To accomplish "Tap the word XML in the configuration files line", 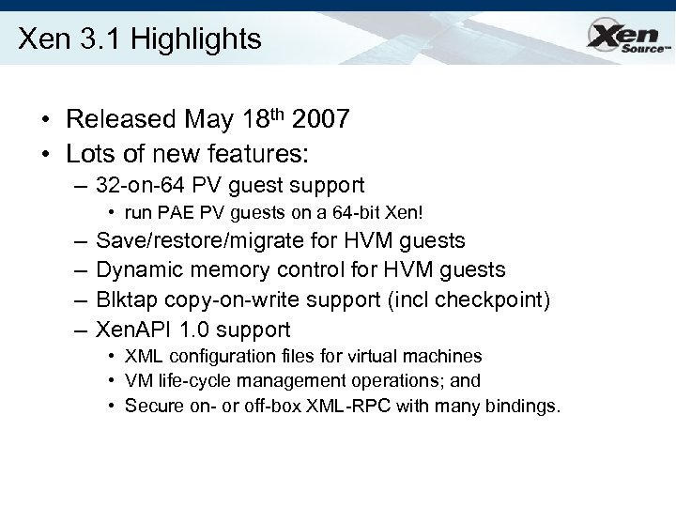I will pyautogui.click(x=140, y=357).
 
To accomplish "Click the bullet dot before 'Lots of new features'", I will pyautogui.click(x=44, y=151).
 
